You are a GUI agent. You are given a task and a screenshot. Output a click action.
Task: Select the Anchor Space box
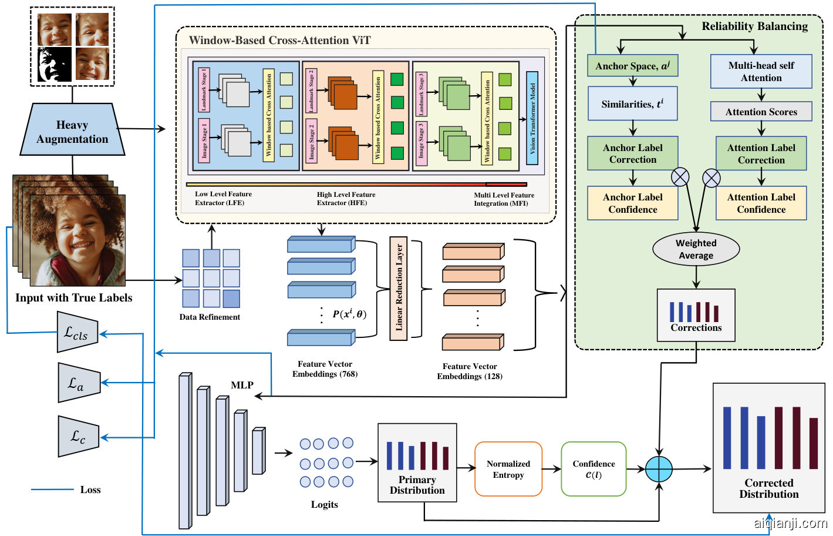click(x=632, y=66)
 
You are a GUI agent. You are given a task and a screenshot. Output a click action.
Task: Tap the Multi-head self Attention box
click(x=761, y=72)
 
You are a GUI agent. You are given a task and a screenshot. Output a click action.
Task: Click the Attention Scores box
click(x=761, y=112)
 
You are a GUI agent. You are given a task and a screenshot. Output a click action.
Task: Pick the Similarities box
click(x=632, y=104)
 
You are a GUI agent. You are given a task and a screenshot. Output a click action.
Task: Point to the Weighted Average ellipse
click(x=696, y=249)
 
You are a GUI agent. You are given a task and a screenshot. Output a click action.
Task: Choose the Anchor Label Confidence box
click(x=632, y=203)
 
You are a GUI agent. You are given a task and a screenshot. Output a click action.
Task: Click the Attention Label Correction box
click(x=761, y=154)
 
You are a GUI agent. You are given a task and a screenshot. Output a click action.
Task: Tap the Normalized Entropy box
click(x=508, y=469)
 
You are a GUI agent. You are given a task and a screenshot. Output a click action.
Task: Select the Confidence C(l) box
click(x=593, y=469)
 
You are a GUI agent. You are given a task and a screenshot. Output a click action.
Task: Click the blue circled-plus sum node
click(x=659, y=469)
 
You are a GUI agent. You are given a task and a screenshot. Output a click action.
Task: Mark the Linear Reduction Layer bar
click(x=399, y=288)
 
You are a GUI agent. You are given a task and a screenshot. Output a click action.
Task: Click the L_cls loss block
click(x=77, y=333)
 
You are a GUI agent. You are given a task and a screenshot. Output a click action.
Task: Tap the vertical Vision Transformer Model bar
click(x=532, y=118)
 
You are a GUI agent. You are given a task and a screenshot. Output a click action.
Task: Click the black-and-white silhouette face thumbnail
click(x=55, y=64)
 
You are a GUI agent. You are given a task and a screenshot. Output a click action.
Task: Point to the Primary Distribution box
click(x=417, y=463)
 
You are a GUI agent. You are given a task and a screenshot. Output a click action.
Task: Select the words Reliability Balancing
click(x=754, y=26)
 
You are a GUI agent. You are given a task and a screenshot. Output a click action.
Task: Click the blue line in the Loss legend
click(x=52, y=490)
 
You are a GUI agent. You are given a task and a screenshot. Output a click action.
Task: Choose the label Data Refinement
click(x=210, y=317)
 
